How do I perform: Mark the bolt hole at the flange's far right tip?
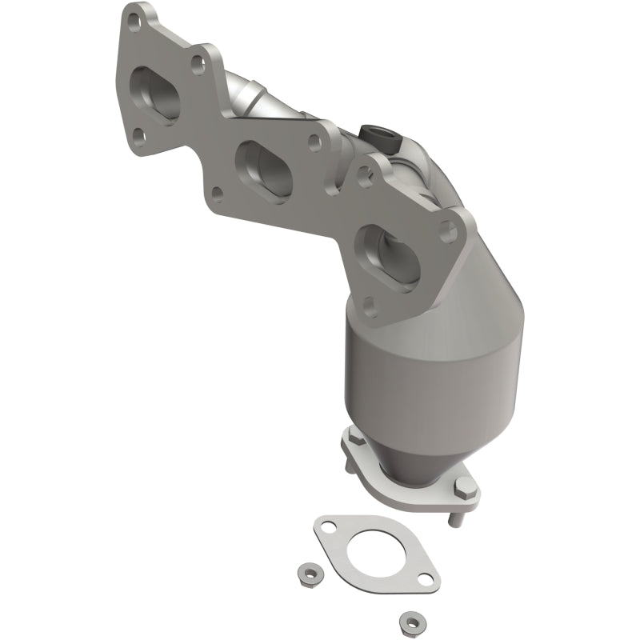tap(449, 231)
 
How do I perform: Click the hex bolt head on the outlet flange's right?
tap(462, 485)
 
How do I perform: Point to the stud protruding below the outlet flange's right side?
tap(455, 518)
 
